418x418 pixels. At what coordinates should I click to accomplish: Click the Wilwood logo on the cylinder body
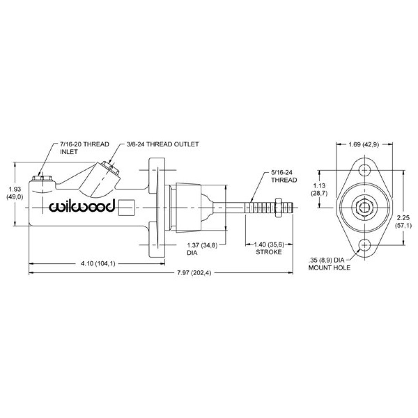point(82,206)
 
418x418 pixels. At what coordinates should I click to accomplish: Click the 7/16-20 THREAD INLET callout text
point(84,148)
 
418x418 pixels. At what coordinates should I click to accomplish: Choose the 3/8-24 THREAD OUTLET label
point(163,144)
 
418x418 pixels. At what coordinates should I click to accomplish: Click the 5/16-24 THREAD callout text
point(284,176)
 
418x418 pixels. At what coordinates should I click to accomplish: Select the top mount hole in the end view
point(364,170)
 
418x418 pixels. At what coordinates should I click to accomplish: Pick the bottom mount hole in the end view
point(364,245)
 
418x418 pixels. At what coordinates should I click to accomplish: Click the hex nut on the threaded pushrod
point(278,207)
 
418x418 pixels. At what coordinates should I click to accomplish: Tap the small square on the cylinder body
point(126,207)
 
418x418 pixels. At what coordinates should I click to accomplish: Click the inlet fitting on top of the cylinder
point(42,178)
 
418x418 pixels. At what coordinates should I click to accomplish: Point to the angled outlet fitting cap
point(111,168)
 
